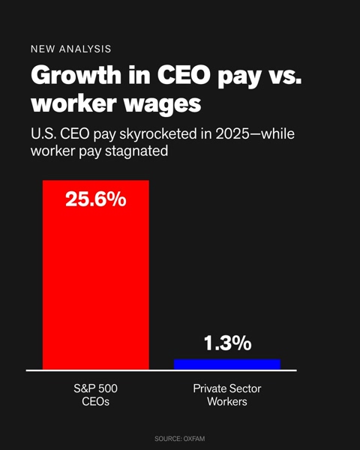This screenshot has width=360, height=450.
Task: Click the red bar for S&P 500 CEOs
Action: pos(96,275)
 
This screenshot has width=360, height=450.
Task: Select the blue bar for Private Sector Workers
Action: pos(227,364)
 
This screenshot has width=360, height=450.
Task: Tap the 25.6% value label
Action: pos(96,199)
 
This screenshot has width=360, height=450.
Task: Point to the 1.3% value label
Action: pos(227,343)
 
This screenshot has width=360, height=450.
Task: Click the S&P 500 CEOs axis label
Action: pos(95,395)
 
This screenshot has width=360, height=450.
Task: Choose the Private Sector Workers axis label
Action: pos(227,395)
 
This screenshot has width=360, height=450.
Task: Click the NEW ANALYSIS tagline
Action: pos(71,49)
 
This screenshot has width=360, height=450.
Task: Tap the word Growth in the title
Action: pos(76,74)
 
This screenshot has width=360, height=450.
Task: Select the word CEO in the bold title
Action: pos(184,75)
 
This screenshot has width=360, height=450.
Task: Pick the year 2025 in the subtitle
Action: pos(232,134)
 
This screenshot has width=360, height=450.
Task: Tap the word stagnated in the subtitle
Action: pos(136,151)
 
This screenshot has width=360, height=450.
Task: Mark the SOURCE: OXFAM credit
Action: pos(180,439)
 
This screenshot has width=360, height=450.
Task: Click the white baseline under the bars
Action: pos(161,370)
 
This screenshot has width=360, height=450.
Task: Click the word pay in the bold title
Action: pos(239,77)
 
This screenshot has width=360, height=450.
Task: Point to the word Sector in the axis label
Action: pos(244,388)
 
